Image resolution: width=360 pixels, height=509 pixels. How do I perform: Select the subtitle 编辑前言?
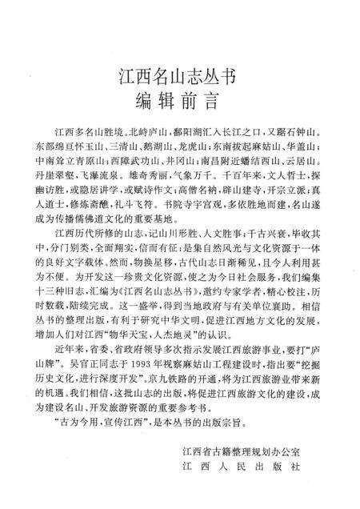point(180,103)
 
